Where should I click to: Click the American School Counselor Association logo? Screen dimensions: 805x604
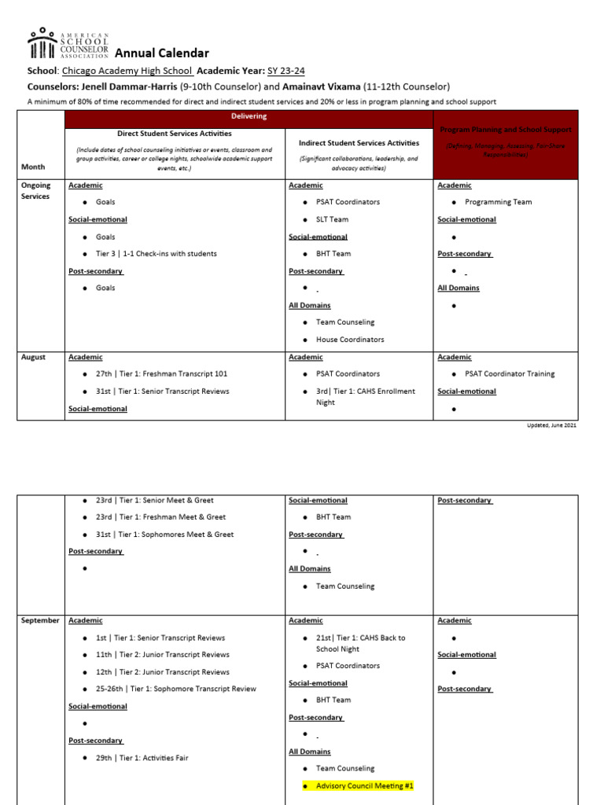pyautogui.click(x=68, y=46)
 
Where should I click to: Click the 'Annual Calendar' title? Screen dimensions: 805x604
pyautogui.click(x=162, y=53)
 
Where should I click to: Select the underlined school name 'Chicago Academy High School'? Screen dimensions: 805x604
pyautogui.click(x=128, y=71)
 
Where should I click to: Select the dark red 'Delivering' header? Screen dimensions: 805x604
pyautogui.click(x=249, y=116)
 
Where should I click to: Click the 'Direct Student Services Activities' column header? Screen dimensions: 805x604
pyautogui.click(x=174, y=134)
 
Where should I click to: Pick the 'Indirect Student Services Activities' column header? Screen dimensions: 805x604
pyautogui.click(x=359, y=143)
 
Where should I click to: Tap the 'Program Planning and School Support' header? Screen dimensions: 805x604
pyautogui.click(x=506, y=129)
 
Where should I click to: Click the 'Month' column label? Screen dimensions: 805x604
pyautogui.click(x=33, y=167)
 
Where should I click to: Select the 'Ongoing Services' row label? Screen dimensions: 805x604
pyautogui.click(x=36, y=191)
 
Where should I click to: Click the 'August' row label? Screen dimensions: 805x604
pyautogui.click(x=33, y=357)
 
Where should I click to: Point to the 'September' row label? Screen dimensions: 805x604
pyautogui.click(x=40, y=620)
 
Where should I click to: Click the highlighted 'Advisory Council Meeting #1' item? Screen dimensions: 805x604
pyautogui.click(x=364, y=785)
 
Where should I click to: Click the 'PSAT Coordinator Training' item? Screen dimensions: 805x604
pyautogui.click(x=509, y=374)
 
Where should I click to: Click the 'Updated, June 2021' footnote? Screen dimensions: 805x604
pyautogui.click(x=551, y=425)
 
